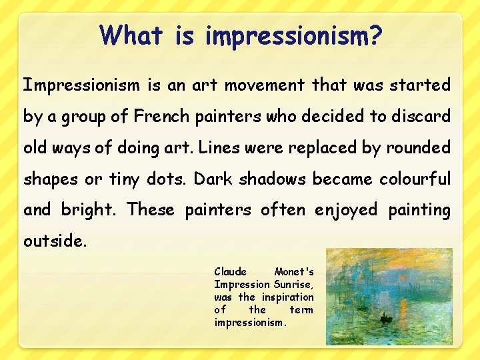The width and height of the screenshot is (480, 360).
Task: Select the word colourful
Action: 415,179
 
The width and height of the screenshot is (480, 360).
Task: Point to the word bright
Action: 87,210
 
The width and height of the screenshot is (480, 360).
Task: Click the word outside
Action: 55,241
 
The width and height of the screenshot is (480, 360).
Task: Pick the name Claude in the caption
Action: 230,272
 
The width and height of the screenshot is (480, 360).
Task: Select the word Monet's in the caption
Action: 294,272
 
